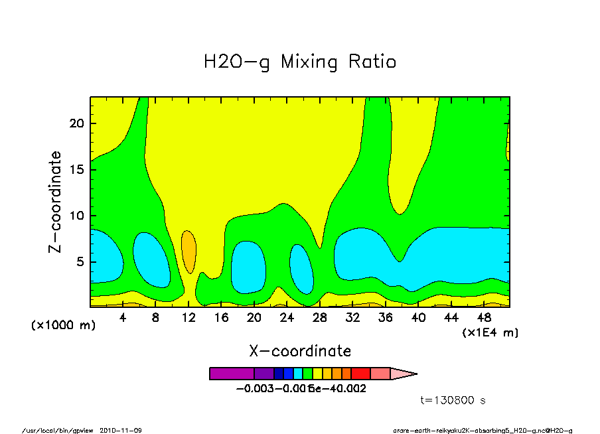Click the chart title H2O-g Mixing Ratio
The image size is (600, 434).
click(299, 62)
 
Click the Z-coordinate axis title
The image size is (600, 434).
click(55, 202)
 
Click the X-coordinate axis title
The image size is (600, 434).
click(300, 351)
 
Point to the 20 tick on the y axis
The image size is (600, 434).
click(76, 123)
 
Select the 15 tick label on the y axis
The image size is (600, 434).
click(76, 170)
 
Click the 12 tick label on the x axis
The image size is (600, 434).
click(188, 318)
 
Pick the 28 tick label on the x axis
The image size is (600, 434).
click(320, 318)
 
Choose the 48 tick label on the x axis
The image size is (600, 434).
click(484, 318)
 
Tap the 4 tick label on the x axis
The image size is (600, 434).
click(123, 318)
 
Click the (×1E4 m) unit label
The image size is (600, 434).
click(490, 332)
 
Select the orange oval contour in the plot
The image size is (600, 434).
click(188, 252)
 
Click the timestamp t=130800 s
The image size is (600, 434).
click(453, 400)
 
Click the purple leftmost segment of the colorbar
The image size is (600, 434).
click(232, 374)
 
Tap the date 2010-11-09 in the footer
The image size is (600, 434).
click(121, 430)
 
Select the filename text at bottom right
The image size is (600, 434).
click(483, 430)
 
